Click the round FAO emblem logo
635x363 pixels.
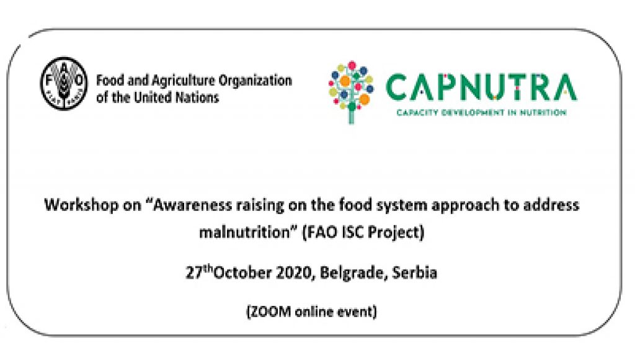pyautogui.click(x=64, y=83)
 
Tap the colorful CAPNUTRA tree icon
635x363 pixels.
pyautogui.click(x=351, y=92)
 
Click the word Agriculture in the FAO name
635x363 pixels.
pyautogui.click(x=183, y=81)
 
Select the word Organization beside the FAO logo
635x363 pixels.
pyautogui.click(x=255, y=81)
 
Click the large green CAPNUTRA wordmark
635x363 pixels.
pyautogui.click(x=481, y=87)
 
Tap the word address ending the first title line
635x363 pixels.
pyautogui.click(x=551, y=205)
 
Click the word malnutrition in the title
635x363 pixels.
pyautogui.click(x=246, y=232)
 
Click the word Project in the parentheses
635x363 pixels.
pyautogui.click(x=397, y=233)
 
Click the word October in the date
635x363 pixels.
pyautogui.click(x=242, y=272)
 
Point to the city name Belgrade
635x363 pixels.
pyautogui.click(x=353, y=273)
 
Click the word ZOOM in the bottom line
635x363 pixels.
pyautogui.click(x=269, y=311)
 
